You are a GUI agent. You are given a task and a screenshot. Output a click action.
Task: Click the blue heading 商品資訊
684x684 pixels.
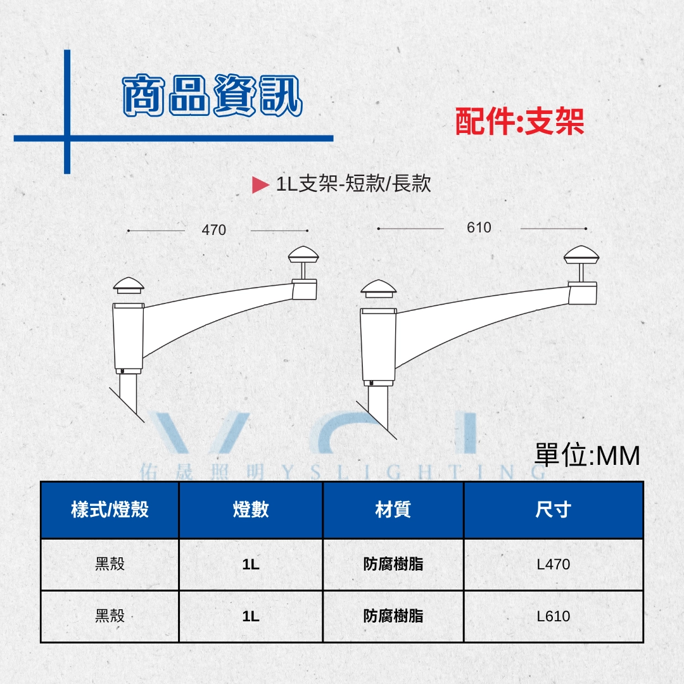click(x=212, y=95)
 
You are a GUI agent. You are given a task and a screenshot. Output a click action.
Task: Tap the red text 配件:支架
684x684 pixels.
click(x=519, y=121)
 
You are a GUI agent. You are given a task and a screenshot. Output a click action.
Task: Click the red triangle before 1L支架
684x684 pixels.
click(x=260, y=184)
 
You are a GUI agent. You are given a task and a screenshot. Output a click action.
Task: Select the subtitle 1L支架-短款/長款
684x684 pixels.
click(x=353, y=183)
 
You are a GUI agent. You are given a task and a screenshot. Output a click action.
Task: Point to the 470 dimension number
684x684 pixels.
click(x=214, y=230)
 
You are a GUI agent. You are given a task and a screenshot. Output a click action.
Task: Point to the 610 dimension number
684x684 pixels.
click(x=479, y=227)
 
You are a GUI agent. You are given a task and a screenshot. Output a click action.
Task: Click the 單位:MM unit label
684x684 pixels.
click(x=587, y=455)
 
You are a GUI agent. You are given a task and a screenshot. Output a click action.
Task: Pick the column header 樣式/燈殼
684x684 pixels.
click(x=110, y=509)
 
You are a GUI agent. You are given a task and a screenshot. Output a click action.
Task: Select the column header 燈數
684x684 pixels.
click(x=251, y=509)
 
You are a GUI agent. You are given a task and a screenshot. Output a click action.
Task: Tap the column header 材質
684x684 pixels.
click(x=393, y=509)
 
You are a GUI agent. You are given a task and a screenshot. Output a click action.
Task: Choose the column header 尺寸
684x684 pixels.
click(x=553, y=509)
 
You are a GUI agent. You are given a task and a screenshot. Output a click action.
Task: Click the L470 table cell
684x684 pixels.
click(x=553, y=564)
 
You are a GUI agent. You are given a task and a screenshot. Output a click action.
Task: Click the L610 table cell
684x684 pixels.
click(x=553, y=616)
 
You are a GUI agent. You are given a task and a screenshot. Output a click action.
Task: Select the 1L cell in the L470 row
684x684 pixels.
click(x=251, y=564)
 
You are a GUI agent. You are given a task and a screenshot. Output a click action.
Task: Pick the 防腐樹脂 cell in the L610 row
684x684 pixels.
click(x=393, y=616)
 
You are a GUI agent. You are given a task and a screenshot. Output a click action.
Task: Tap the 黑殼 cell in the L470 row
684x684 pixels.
click(x=110, y=564)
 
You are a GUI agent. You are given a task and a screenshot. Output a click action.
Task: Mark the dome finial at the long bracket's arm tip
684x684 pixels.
click(x=581, y=255)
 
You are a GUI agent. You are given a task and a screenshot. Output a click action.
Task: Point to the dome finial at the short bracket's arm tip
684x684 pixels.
click(x=303, y=255)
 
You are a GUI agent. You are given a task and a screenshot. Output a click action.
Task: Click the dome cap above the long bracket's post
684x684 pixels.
click(x=379, y=288)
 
